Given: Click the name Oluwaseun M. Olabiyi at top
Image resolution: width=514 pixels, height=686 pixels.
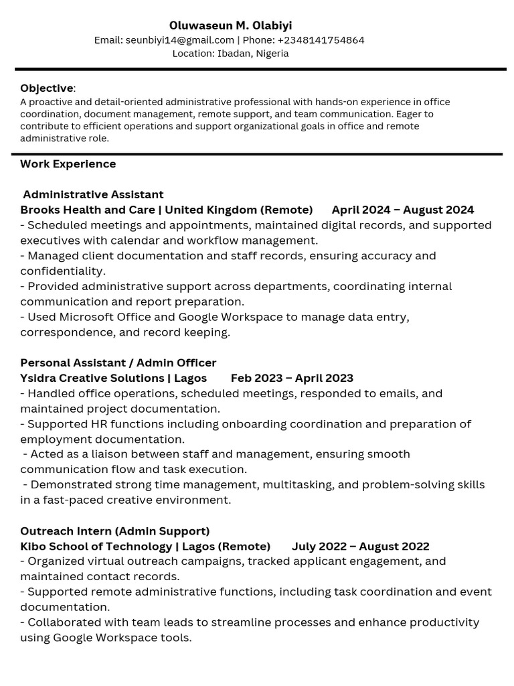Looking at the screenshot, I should [230, 25].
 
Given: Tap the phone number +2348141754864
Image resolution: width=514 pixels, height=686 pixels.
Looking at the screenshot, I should [321, 40].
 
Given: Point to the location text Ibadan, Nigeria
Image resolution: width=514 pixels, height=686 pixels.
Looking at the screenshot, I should [252, 54].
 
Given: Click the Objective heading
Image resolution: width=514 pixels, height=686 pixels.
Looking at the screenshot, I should [47, 88].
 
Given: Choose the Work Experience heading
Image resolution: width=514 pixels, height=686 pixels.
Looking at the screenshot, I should [68, 164].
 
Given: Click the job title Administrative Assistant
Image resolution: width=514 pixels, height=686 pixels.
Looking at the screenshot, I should [93, 195].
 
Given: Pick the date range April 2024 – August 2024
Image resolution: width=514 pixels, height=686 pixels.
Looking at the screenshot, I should [402, 210].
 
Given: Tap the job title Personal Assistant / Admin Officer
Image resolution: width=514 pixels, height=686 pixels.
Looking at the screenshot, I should [118, 363].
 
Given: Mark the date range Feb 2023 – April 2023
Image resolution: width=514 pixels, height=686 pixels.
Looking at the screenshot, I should [292, 379].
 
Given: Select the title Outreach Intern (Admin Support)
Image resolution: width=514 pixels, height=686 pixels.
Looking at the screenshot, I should [114, 531].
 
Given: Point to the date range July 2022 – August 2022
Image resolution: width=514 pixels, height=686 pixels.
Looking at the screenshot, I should [360, 547].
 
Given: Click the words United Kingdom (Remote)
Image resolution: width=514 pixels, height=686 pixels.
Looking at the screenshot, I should [239, 210].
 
